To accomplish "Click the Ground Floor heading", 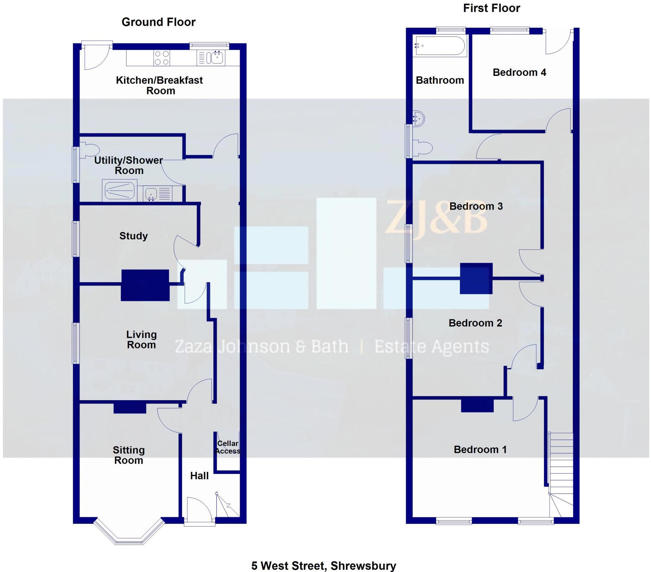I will (158, 22).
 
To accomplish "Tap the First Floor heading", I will (491, 8).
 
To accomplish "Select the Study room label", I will (134, 236).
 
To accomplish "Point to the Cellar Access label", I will (227, 447).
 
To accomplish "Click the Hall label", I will (199, 476).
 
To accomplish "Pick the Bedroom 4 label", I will (519, 73).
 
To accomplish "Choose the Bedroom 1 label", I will (480, 449).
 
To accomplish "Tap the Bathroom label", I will (440, 80).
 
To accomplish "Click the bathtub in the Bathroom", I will (440, 46).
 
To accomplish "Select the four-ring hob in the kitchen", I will (161, 58).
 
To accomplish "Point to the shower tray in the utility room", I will (120, 191).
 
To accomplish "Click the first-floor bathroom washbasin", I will (419, 119).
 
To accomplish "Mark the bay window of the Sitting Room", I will (129, 535).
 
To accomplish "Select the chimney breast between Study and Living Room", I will (145, 285).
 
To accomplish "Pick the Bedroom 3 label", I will (476, 206).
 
